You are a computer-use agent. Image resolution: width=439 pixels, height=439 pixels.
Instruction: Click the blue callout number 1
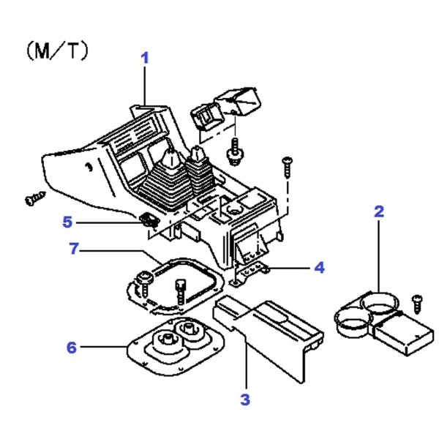[x=144, y=59]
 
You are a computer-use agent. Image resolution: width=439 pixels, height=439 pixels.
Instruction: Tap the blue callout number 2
[x=379, y=211]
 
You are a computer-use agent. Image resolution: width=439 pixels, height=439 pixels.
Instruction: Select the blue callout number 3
[x=245, y=399]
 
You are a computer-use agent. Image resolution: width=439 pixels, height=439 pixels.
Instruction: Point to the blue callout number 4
[x=319, y=268]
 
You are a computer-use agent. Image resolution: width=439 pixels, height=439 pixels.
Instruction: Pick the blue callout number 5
[x=67, y=222]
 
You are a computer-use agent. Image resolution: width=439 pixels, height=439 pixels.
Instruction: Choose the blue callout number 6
[x=72, y=348]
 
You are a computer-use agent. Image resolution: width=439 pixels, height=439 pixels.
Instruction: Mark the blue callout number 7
[x=74, y=248]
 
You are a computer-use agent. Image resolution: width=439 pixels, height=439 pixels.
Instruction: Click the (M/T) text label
[x=57, y=50]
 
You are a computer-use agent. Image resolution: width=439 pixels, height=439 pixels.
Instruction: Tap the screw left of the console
[x=35, y=198]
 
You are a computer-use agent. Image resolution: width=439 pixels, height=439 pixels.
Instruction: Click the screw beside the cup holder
[x=417, y=304]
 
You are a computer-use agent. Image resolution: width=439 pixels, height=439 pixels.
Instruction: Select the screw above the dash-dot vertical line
[x=288, y=168]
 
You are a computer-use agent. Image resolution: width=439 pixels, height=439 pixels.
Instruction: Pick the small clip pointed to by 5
[x=149, y=220]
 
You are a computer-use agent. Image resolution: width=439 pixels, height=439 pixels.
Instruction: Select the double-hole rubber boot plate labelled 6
[x=176, y=346]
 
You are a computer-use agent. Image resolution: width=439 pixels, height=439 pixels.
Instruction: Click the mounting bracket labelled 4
[x=249, y=273]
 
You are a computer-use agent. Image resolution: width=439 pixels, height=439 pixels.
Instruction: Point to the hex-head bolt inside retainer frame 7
[x=180, y=292]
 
